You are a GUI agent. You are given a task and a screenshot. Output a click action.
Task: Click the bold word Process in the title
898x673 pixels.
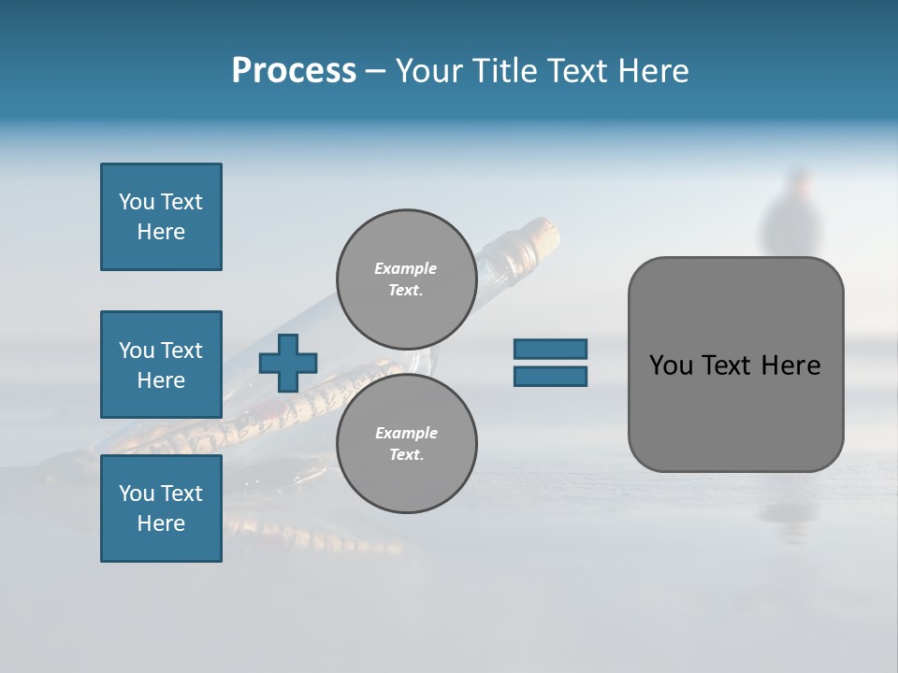pyautogui.click(x=294, y=70)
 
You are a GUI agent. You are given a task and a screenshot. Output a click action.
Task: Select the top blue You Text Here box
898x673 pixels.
pyautogui.click(x=161, y=217)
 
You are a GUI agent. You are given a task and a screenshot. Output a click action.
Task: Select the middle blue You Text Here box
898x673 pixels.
pyautogui.click(x=161, y=365)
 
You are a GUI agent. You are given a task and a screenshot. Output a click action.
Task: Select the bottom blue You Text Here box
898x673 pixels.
pyautogui.click(x=161, y=508)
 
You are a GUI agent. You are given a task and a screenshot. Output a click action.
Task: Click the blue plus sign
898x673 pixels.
pyautogui.click(x=288, y=363)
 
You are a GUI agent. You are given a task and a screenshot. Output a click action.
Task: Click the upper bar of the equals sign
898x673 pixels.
pyautogui.click(x=550, y=349)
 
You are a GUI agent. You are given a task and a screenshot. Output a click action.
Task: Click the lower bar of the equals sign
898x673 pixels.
pyautogui.click(x=550, y=377)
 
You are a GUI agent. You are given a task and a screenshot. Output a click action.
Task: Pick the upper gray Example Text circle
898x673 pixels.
pyautogui.click(x=406, y=279)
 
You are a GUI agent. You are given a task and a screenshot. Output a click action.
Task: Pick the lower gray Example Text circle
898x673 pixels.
pyautogui.click(x=406, y=443)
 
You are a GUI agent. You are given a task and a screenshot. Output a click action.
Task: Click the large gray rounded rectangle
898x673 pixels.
pyautogui.click(x=735, y=411)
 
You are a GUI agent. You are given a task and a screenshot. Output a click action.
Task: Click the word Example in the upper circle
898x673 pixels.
pyautogui.click(x=406, y=268)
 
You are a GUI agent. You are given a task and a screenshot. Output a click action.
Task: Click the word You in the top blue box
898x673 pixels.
pyautogui.click(x=136, y=202)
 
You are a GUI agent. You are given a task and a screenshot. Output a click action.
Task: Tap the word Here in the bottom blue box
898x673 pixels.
pyautogui.click(x=161, y=523)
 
